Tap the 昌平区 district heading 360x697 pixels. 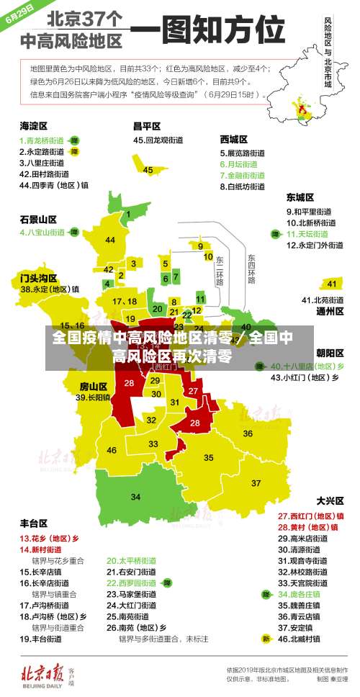pos(146,126)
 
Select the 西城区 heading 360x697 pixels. pos(234,139)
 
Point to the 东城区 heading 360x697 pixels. pos(300,197)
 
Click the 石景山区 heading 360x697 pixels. pos(38,219)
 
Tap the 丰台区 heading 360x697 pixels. pos(34,523)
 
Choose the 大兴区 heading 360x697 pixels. pos(330,500)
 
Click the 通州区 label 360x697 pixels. pos(330,312)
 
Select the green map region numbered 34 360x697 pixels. pos(136,497)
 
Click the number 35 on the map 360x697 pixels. pos(209,457)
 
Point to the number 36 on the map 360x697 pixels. pos(248,433)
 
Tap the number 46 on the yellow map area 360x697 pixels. pos(112,450)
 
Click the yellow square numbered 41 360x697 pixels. pos(332,284)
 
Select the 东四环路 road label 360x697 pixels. pos(251,269)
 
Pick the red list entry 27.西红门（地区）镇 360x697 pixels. pos(311,516)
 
